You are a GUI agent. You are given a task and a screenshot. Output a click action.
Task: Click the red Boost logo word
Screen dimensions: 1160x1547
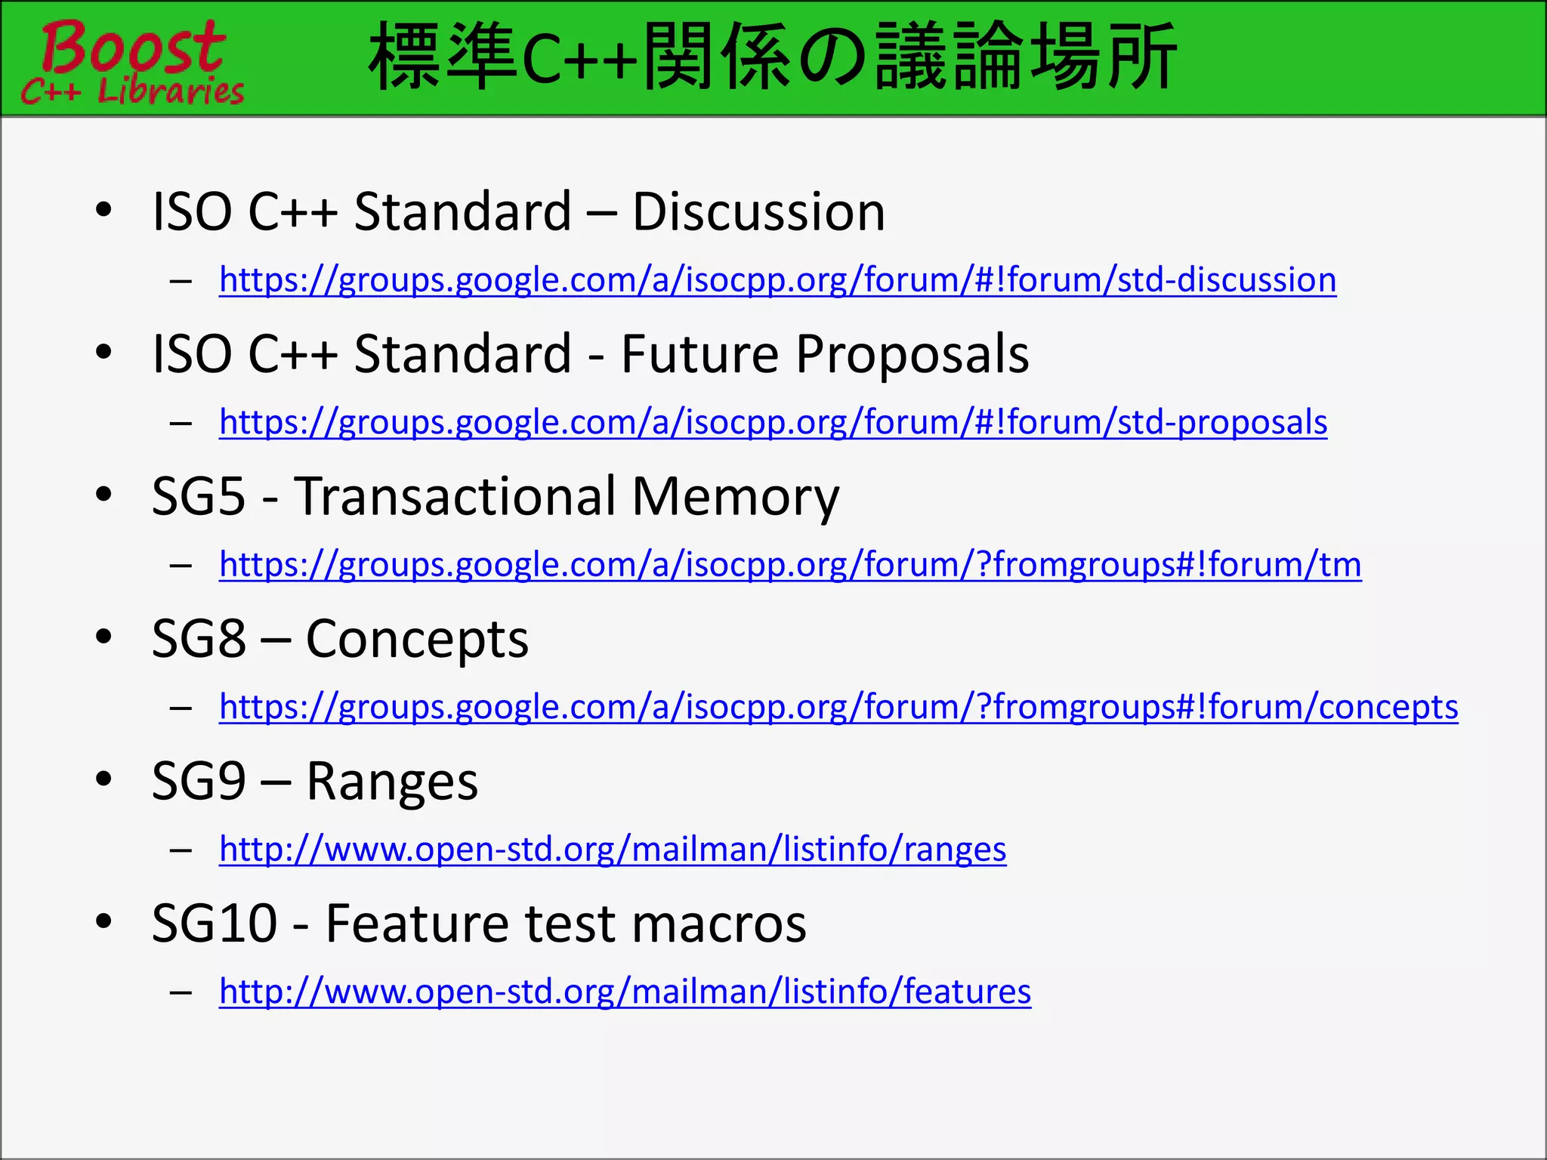[133, 47]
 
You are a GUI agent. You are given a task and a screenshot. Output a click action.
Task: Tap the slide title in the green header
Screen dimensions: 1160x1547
[772, 57]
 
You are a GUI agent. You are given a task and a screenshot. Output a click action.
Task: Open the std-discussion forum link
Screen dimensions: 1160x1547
[777, 279]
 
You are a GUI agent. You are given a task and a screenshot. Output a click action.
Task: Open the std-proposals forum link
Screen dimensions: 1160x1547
[773, 421]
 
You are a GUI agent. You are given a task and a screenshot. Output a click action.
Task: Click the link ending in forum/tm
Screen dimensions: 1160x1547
[790, 564]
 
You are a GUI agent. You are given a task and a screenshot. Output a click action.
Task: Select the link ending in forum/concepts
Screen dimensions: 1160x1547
[838, 707]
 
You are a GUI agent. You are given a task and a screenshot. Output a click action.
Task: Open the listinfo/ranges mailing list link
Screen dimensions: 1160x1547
[613, 849]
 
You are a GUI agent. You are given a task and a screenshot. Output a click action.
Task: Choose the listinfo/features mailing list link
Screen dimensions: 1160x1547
[625, 991]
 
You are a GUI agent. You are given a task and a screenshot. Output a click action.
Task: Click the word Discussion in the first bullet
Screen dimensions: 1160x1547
[758, 211]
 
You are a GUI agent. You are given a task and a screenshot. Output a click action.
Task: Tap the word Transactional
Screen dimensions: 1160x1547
[455, 496]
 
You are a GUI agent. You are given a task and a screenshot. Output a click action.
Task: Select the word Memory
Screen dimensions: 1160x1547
[735, 496]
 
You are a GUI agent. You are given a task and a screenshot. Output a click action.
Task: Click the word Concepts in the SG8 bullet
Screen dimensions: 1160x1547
[417, 639]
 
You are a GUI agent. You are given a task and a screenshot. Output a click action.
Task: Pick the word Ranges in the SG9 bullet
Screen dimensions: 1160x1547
[392, 781]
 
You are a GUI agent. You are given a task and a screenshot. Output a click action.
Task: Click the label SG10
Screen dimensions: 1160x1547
[215, 923]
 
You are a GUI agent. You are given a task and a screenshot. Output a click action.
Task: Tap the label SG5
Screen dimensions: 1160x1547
[199, 496]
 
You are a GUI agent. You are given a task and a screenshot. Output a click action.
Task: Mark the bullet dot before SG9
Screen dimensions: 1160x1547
[104, 779]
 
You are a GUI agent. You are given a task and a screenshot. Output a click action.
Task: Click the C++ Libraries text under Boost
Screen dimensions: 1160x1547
[133, 91]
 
